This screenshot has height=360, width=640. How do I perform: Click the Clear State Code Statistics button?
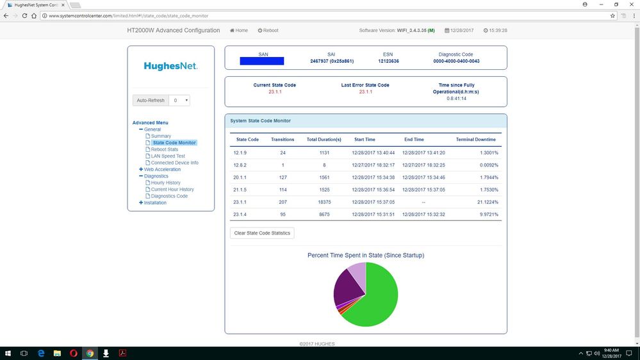[262, 233]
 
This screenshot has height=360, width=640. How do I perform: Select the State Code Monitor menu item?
[174, 143]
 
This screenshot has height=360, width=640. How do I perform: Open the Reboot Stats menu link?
[165, 149]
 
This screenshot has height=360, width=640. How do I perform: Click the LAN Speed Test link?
[168, 156]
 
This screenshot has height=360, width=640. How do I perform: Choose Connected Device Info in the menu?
[174, 163]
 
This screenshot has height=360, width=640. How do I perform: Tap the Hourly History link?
[165, 183]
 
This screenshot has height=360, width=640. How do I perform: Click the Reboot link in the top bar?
[268, 30]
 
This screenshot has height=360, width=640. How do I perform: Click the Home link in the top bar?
[239, 30]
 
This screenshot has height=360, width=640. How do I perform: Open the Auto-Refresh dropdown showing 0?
[181, 100]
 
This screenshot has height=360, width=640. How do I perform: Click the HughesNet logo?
[170, 66]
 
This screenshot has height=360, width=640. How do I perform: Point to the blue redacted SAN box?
[261, 61]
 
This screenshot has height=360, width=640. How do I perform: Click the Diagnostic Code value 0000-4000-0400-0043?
[455, 61]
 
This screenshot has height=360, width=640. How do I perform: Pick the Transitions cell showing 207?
[283, 201]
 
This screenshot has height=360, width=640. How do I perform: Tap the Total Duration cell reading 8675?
[324, 214]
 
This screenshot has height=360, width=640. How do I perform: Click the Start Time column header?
[365, 139]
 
